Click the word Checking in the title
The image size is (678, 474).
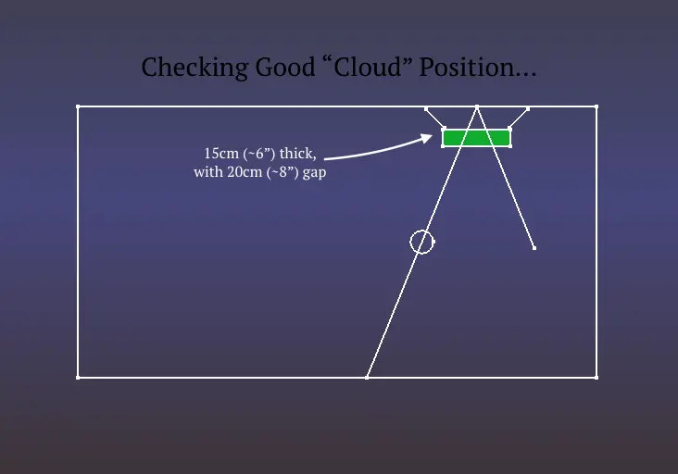click(x=195, y=68)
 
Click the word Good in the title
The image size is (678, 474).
click(x=285, y=67)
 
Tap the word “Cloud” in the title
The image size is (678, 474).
click(x=368, y=67)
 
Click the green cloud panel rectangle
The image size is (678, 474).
click(x=476, y=138)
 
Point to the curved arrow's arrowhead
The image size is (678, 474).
click(x=427, y=138)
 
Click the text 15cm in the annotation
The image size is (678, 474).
click(x=221, y=154)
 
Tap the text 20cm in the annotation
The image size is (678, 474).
click(x=245, y=172)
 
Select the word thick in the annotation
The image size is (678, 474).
click(x=297, y=154)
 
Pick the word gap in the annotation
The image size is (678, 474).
click(x=314, y=173)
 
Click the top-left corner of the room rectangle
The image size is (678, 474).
click(x=78, y=106)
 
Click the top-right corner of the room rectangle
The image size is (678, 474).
click(x=596, y=106)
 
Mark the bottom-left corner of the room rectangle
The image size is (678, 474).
click(x=78, y=378)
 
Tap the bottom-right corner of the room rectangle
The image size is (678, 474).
click(x=596, y=378)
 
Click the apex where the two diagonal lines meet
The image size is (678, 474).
click(x=477, y=106)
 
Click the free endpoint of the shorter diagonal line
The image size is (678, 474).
click(x=534, y=248)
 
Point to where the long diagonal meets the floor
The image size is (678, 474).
click(x=367, y=378)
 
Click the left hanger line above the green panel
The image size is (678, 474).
click(x=434, y=118)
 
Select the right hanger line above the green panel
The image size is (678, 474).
click(x=519, y=118)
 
